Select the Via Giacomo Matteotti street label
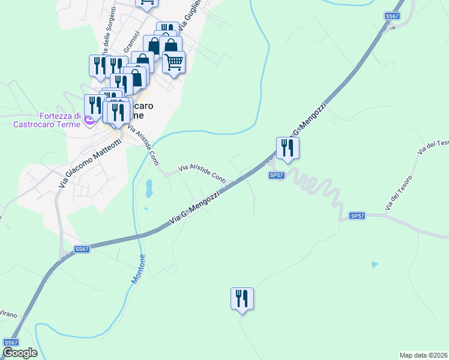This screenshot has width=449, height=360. pos(90,163)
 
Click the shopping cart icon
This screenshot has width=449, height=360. pos(173,62)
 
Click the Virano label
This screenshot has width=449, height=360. pos(7,314)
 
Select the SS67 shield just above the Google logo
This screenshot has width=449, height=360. pos(11,342)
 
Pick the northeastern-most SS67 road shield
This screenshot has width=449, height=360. pos(392,16)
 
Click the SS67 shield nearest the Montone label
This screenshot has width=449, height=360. pos(82,249)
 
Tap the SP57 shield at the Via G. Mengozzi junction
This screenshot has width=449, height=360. pos(276,175)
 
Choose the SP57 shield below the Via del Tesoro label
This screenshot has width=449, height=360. pos(357,215)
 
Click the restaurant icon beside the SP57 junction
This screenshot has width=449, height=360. pos(288,148)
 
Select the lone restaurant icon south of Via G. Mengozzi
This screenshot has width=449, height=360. pos(242,298)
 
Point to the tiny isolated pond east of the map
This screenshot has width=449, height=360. pos(375,265)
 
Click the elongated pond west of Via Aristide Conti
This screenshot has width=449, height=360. pos(148,188)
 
